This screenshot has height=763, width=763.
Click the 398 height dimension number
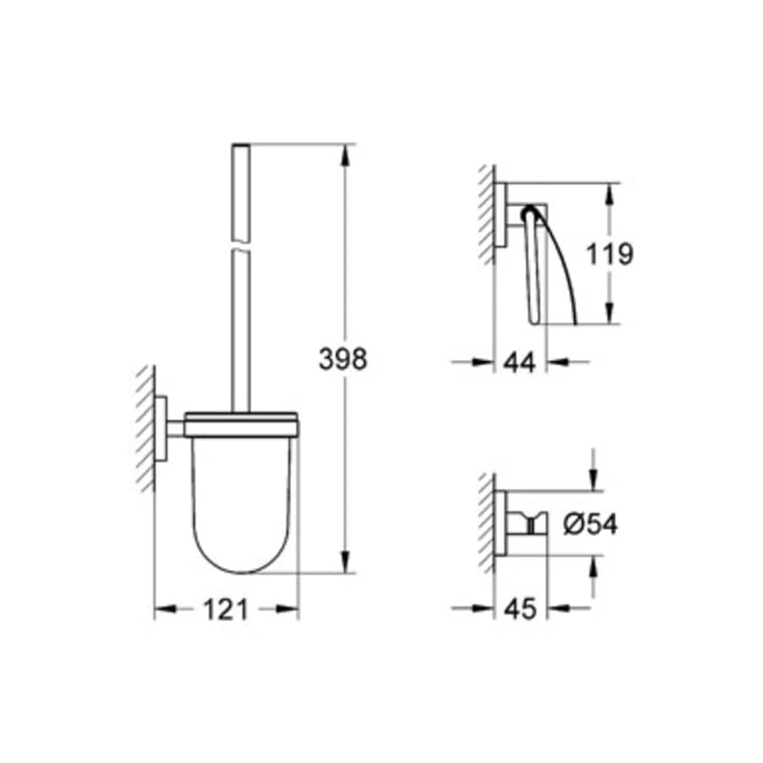point(343,359)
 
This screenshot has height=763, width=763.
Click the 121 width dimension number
point(225,610)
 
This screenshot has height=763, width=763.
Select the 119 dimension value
point(610,253)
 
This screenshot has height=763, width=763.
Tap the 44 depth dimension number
point(519,363)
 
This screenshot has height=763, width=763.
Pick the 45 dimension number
point(519,610)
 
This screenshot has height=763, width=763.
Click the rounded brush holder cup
point(242,500)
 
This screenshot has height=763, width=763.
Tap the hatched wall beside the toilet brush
point(144,428)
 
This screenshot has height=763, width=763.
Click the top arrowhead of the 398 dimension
point(345,156)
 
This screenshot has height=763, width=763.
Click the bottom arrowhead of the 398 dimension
point(345,564)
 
